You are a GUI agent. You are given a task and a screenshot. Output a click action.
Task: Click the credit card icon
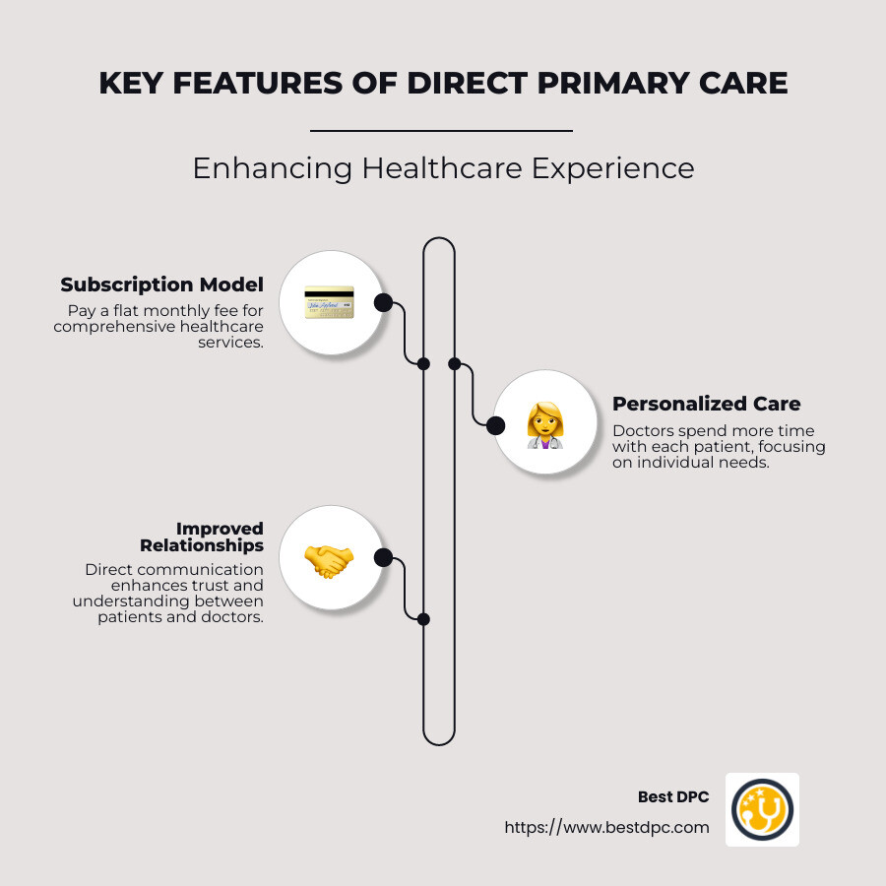(329, 302)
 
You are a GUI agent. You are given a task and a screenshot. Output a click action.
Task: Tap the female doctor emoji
(544, 425)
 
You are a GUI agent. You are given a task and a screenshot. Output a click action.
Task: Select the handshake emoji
(329, 562)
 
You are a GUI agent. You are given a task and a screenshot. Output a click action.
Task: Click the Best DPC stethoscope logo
(762, 809)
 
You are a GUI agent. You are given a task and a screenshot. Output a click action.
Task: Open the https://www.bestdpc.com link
(606, 828)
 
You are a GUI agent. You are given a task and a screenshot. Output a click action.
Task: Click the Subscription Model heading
(162, 285)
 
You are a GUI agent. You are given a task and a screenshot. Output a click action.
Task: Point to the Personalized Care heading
(706, 404)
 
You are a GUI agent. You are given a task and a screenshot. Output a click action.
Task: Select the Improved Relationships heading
(202, 537)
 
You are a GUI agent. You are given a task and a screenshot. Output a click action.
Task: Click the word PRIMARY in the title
(612, 83)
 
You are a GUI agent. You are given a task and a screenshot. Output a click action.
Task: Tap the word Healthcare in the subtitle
(442, 168)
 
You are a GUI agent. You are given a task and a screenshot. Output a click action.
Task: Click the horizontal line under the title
(441, 131)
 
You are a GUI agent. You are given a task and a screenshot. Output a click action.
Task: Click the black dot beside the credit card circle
(383, 303)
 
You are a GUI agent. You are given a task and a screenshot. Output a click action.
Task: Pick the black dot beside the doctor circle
(495, 425)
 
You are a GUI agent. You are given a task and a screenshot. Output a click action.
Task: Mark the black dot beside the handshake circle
(383, 558)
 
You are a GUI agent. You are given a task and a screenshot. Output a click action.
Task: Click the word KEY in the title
(131, 83)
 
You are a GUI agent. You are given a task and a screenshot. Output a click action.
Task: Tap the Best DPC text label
(673, 796)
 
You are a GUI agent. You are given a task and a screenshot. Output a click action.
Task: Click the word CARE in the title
(743, 83)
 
